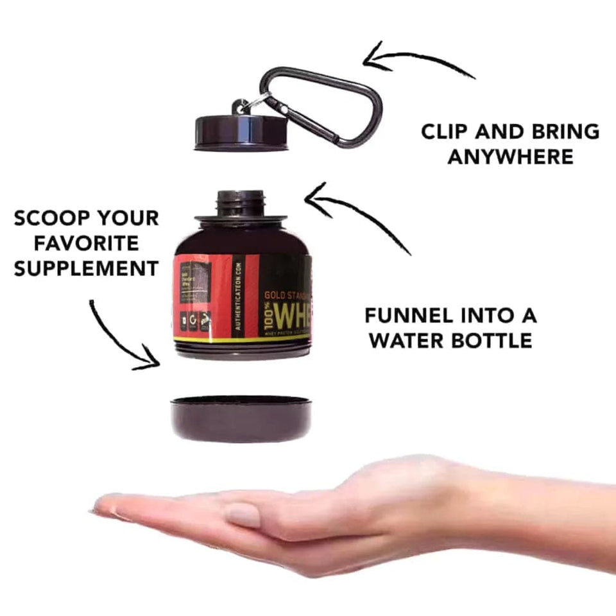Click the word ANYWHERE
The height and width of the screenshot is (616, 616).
pyautogui.click(x=510, y=157)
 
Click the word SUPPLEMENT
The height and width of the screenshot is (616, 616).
pyautogui.click(x=86, y=268)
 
